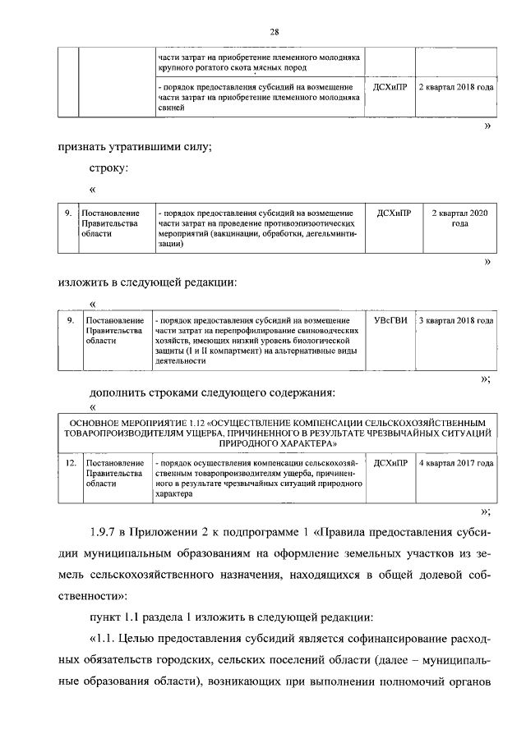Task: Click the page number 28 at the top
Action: tap(275, 31)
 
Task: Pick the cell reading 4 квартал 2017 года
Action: tap(456, 464)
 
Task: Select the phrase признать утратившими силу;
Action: tap(136, 147)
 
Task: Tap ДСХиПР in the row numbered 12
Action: tap(390, 464)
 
